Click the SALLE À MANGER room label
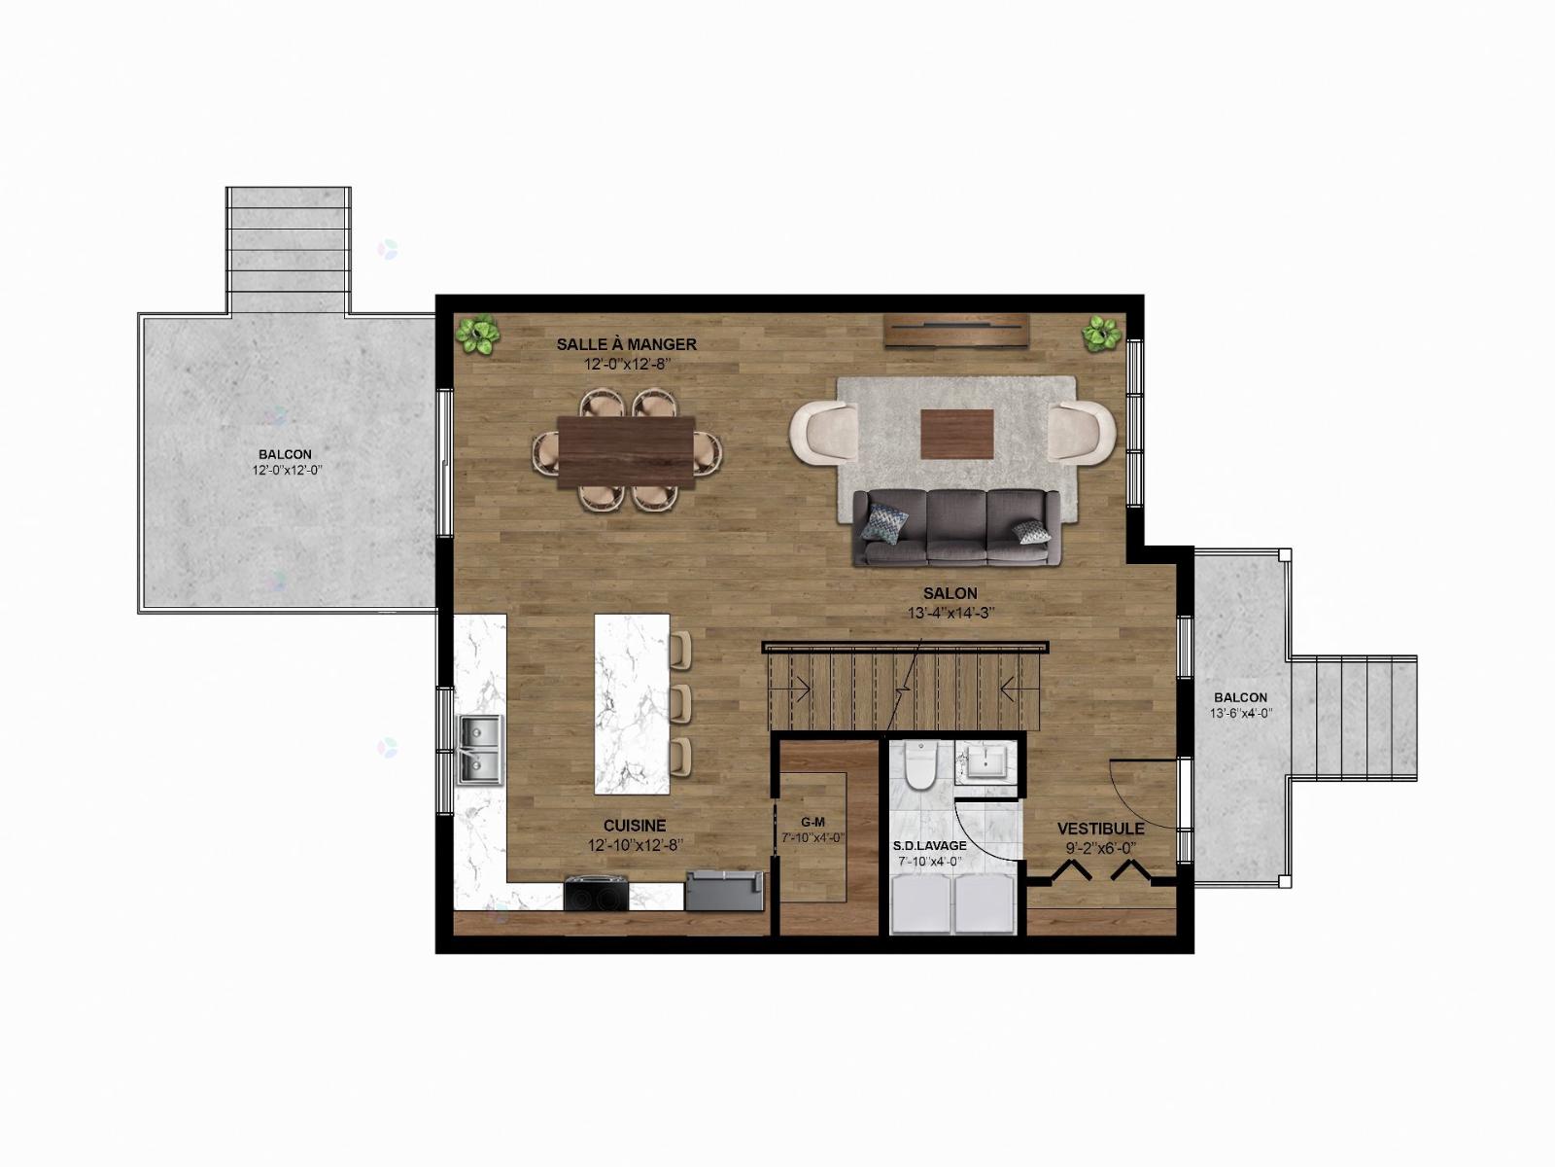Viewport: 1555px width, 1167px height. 626,344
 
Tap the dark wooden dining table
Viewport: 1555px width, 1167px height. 626,453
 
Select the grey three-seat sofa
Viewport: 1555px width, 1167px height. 956,528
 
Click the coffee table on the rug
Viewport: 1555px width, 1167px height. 957,435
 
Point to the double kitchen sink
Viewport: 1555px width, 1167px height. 481,750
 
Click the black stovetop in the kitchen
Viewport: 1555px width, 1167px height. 597,894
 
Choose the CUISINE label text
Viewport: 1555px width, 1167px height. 635,826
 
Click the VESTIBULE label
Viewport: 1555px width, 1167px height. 1101,829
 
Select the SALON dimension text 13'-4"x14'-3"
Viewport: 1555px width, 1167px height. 950,613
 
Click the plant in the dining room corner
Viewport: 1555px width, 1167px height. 477,335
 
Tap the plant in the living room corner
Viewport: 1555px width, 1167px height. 1101,333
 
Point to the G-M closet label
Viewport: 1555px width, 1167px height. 812,822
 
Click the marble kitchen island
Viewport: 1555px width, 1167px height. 632,703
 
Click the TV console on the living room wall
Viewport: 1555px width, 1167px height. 955,331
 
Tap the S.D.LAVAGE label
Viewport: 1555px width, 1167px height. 929,845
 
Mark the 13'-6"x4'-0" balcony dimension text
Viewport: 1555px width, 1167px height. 1241,713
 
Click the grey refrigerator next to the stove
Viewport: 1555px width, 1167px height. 725,891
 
